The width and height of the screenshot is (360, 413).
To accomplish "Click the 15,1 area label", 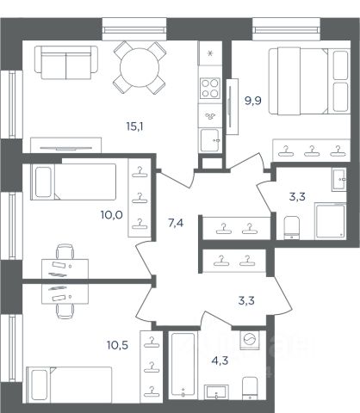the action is pos(134,126).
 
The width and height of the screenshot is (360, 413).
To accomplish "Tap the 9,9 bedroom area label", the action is pos(253,101).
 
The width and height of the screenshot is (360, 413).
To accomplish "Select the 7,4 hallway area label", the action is pos(176,223).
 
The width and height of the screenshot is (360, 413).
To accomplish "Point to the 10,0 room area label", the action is pos(112,214).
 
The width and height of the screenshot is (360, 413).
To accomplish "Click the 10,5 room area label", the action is pos(117,345).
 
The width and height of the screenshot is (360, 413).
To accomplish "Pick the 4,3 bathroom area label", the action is pos(220,361).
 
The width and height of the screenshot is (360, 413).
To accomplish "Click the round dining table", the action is pos(140,67).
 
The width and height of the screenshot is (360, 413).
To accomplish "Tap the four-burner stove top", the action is pos(210,88).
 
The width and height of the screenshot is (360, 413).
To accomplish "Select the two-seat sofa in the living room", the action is pos(66,62).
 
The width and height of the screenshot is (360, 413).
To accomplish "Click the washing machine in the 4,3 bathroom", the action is pos(250,340).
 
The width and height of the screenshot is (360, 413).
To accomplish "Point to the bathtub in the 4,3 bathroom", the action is pos(183,365).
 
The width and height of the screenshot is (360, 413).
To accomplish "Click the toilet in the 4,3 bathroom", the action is pos(250,388).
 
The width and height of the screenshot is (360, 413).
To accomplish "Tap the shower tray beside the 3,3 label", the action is pos(330,221).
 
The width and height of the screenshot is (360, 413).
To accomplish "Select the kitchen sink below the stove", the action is pos(210,140).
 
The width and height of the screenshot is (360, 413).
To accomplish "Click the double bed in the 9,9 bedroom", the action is pos(309,81).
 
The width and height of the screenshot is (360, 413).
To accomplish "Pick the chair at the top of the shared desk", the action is pos(65,251).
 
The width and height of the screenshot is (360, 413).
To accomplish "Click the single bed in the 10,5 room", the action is pos(69,385).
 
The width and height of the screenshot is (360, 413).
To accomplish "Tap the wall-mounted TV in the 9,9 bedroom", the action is pos(231,107).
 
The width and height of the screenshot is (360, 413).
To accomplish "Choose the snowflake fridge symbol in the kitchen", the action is pos(210,53).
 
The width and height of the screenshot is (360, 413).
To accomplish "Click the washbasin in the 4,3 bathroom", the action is pos(216,391).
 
